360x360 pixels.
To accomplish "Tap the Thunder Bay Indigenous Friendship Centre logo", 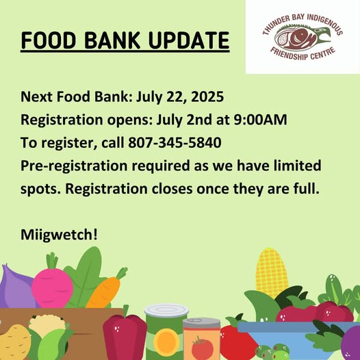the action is [303, 37].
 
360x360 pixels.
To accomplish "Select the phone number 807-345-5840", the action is [175, 142].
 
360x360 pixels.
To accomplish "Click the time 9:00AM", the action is [260, 119].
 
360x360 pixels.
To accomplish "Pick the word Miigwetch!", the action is [59, 235].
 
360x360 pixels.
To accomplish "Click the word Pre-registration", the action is [74, 166].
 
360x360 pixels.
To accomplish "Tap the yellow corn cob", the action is [272, 272].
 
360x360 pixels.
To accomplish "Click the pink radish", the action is [52, 287].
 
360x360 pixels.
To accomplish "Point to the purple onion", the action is [16, 287].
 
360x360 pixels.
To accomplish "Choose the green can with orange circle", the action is [166, 332].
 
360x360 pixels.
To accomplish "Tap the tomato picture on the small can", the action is [202, 348].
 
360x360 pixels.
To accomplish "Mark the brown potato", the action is [14, 342].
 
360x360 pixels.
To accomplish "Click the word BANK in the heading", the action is [112, 40].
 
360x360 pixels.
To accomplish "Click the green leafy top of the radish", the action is [52, 261].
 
